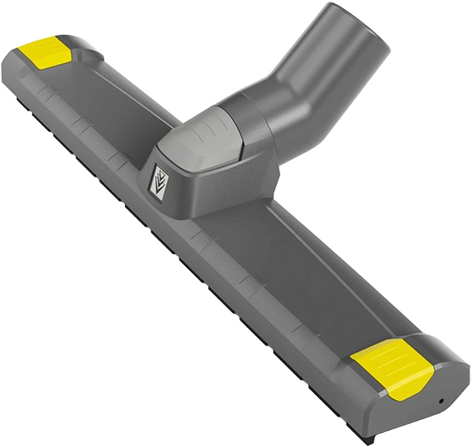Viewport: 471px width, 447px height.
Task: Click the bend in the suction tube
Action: pyautogui.click(x=281, y=91)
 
